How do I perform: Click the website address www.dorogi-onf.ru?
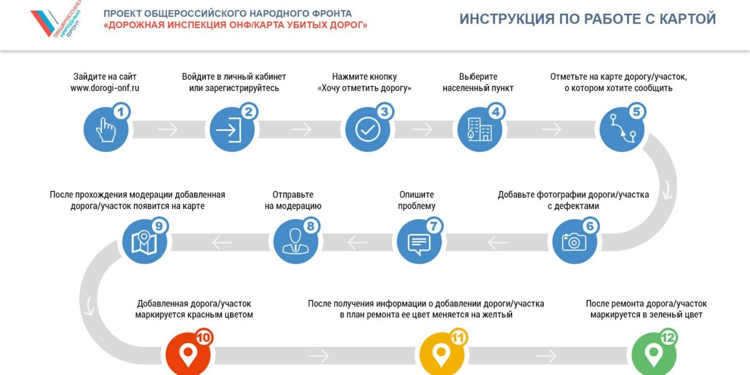pyautogui.click(x=105, y=88)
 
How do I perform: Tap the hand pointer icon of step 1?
pyautogui.click(x=106, y=129)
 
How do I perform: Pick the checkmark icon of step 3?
pyautogui.click(x=367, y=129)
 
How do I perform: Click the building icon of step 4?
pyautogui.click(x=480, y=129)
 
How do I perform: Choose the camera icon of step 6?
pyautogui.click(x=575, y=241)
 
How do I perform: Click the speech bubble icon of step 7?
pyautogui.click(x=419, y=241)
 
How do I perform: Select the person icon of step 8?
pyautogui.click(x=296, y=241)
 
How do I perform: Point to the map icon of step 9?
pyautogui.click(x=145, y=241)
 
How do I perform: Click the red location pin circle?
pyautogui.click(x=188, y=355)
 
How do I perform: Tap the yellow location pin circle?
pyautogui.click(x=442, y=355)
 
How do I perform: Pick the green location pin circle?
pyautogui.click(x=654, y=355)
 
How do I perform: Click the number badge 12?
pyautogui.click(x=668, y=338)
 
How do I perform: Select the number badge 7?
pyautogui.click(x=434, y=226)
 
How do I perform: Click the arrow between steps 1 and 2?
pyautogui.click(x=168, y=129)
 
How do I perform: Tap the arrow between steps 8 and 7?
pyautogui.click(x=358, y=242)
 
